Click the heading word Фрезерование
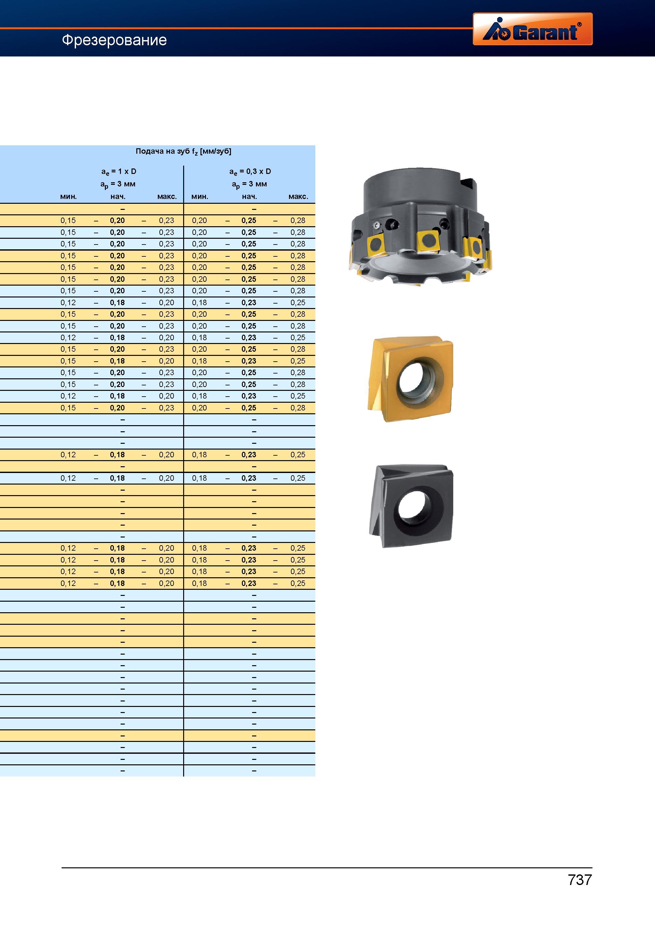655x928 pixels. click(114, 40)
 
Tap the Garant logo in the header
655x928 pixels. click(532, 29)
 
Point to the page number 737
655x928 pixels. click(580, 880)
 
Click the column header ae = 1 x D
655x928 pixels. click(118, 171)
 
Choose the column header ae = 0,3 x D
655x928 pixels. click(250, 171)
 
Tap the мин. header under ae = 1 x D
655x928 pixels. click(68, 197)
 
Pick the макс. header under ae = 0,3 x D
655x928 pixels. click(298, 197)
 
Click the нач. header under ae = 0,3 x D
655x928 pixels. click(249, 197)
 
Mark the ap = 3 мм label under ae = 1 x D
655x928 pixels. click(118, 184)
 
